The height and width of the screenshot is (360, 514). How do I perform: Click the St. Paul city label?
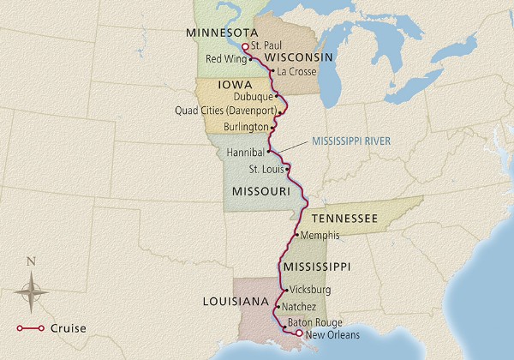(x=268, y=47)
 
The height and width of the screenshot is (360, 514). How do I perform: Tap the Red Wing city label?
(x=225, y=59)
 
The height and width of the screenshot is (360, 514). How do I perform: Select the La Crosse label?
(x=297, y=72)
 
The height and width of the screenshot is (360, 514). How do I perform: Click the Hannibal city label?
(x=246, y=152)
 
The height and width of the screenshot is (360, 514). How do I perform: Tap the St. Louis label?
(x=265, y=168)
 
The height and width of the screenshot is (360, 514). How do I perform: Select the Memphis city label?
(x=321, y=235)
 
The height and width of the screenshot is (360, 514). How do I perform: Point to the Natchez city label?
(x=299, y=306)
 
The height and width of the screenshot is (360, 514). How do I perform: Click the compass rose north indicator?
(x=32, y=262)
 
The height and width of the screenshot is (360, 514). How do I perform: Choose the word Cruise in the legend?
(x=68, y=327)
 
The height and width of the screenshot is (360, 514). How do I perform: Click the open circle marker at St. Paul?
(x=245, y=47)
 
